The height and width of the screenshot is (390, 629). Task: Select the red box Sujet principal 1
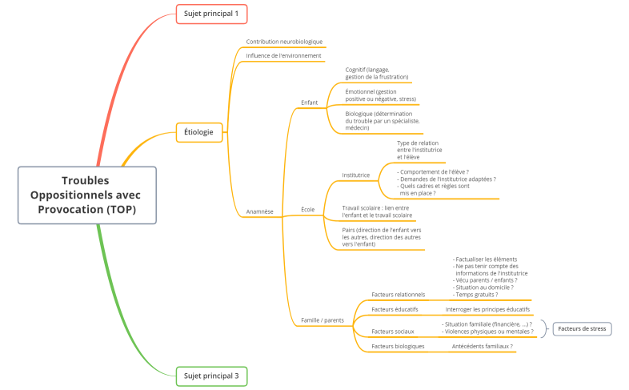coord(211,14)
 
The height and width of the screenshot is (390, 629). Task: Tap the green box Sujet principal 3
coord(211,375)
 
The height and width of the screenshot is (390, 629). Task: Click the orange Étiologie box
coord(198,131)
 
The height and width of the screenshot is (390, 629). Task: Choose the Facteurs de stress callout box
coord(582,328)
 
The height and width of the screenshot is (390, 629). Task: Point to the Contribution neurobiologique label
coord(284,42)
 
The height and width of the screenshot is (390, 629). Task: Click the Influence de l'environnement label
coord(283,56)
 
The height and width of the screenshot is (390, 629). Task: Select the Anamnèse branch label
coord(259,211)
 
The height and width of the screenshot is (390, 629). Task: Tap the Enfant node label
coord(309,103)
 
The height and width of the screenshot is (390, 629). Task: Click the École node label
coord(307,209)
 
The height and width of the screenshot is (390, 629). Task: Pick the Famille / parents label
coord(322,320)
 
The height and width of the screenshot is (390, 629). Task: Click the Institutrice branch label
coord(355,175)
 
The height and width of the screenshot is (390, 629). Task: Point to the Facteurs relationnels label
coord(399,295)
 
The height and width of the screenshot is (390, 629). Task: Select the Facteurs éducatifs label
coord(395,309)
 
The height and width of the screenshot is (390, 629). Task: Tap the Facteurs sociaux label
coord(392,331)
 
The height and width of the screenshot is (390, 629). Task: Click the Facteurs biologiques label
coord(398,346)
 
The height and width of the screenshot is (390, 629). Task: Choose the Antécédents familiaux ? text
coord(482,346)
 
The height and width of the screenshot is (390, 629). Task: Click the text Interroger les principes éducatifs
coord(487,309)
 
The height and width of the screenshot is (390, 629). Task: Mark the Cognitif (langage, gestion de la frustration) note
coord(376,73)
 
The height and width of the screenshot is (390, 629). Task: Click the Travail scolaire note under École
coord(377,211)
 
